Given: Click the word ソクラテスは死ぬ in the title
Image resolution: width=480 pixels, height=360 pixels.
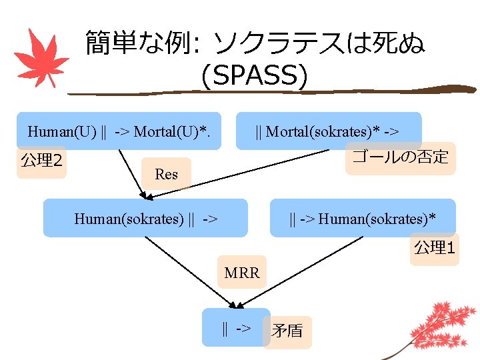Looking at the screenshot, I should tap(317, 44).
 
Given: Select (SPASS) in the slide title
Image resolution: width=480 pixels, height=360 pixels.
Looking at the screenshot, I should tap(254, 76).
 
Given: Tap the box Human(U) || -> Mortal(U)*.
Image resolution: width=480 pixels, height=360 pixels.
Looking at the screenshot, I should tap(119, 131).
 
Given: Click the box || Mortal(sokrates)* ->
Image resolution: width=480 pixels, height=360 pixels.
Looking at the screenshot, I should tap(329, 131).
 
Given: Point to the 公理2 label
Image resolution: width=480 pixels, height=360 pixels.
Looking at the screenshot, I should tap(41, 161).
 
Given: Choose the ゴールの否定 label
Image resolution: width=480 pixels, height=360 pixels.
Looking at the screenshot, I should tap(400, 158).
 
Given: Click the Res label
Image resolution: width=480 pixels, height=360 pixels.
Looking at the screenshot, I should tap(166, 174).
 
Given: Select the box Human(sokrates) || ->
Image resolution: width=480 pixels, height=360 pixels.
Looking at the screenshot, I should tap(145, 218).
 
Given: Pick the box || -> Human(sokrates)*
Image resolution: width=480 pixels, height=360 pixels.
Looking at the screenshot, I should tap(363, 218).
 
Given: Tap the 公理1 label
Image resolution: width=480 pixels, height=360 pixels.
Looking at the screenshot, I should tap(434, 248).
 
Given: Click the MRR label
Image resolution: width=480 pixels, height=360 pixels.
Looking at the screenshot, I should tap(241, 273).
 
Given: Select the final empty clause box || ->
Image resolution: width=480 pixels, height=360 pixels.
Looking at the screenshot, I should tap(236, 327).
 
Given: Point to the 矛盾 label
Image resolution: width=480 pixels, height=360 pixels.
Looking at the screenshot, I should tap(287, 331).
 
